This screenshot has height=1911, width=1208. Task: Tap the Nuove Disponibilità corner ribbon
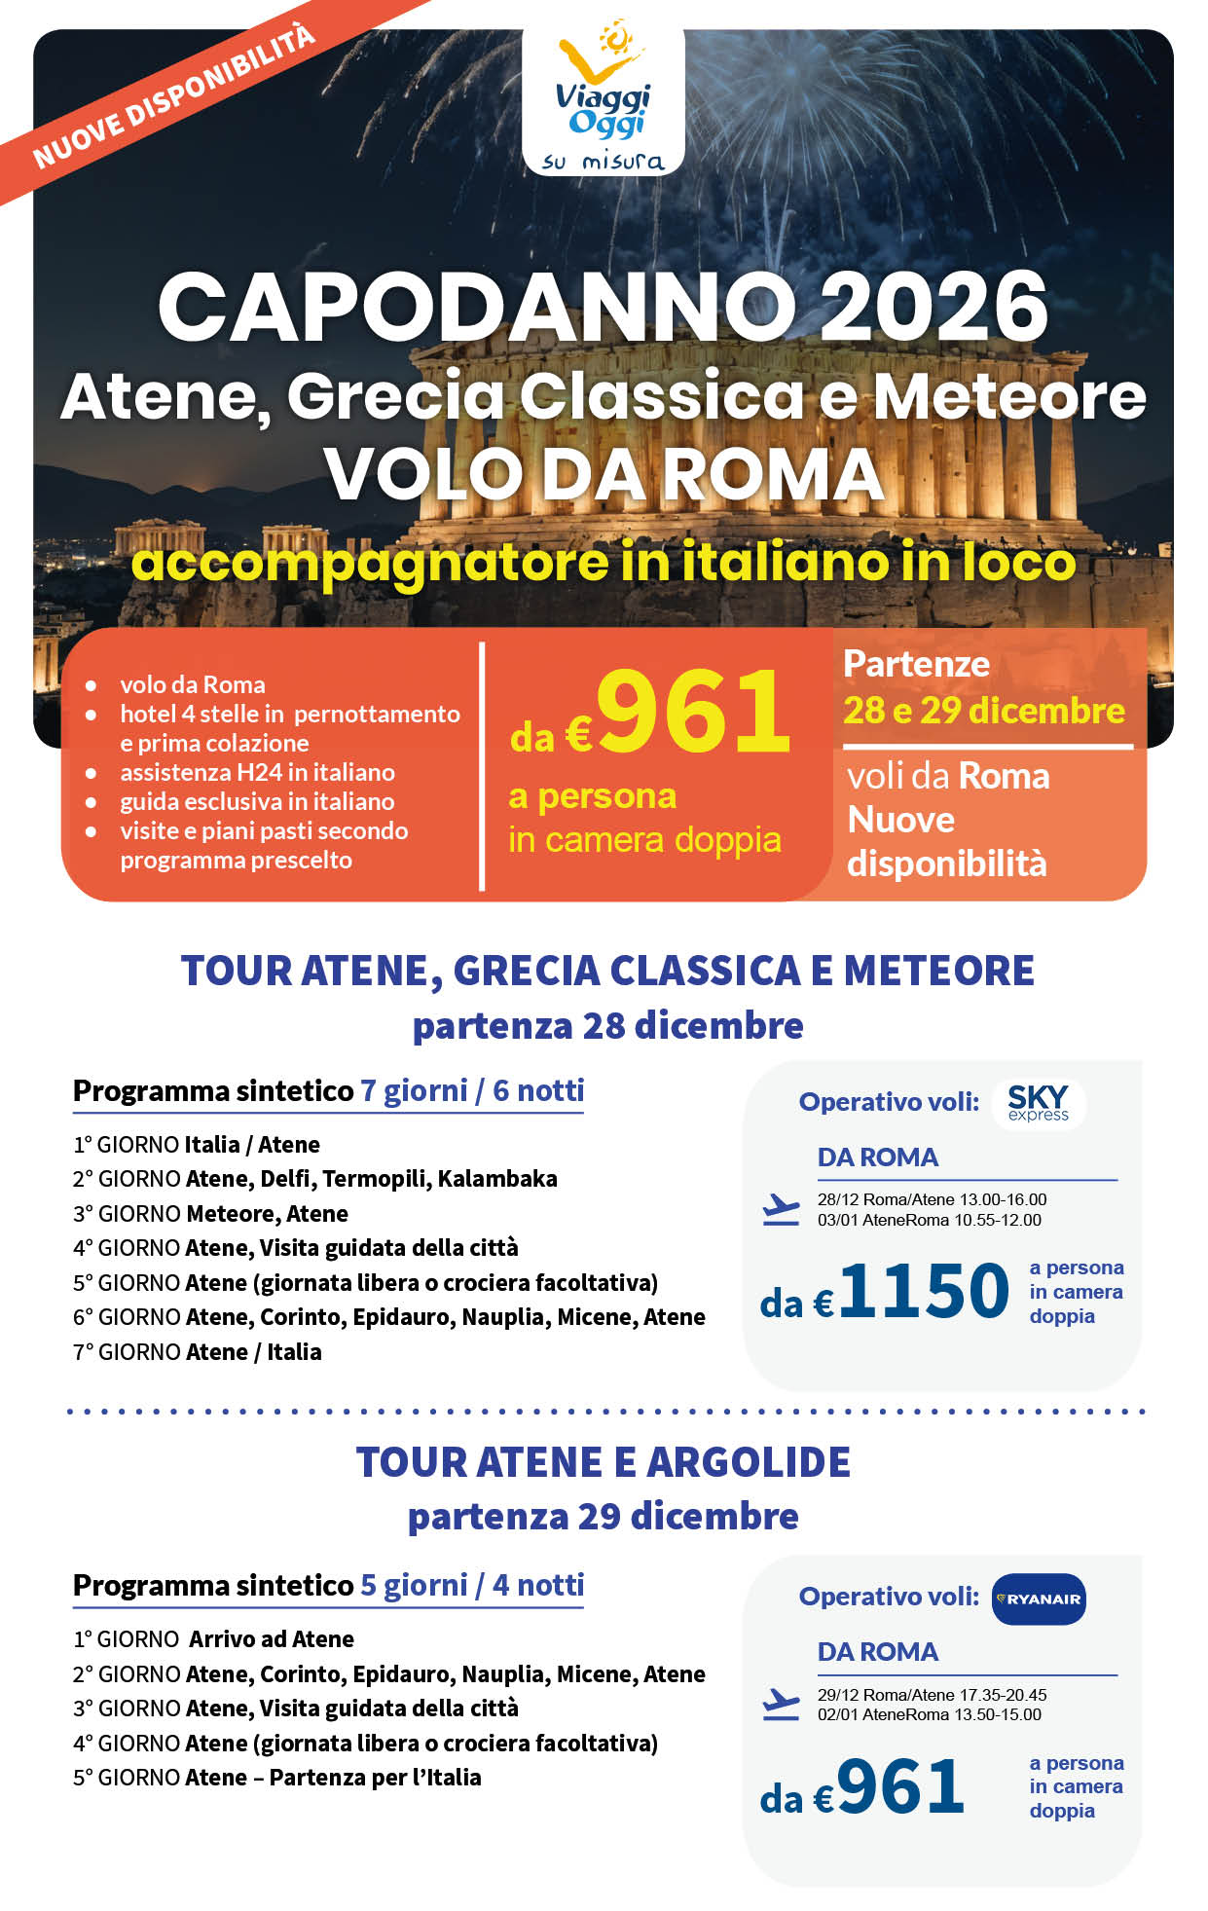tap(175, 97)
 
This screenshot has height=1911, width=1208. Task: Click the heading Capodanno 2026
tap(604, 307)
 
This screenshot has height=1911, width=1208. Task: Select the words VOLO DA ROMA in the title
tap(604, 475)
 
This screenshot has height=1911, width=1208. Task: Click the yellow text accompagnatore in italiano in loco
tap(604, 563)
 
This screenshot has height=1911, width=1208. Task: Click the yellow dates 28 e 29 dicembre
tap(983, 711)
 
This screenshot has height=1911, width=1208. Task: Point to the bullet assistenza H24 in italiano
tap(257, 772)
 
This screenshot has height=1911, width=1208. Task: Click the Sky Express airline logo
tap(1038, 1103)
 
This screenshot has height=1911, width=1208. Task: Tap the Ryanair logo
tap(1038, 1599)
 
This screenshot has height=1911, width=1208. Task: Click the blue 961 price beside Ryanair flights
tap(899, 1787)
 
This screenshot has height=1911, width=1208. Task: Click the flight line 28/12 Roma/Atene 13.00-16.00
tap(932, 1199)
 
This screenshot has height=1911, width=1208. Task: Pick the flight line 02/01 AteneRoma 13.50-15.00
tap(929, 1714)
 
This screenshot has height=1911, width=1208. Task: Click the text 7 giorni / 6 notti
tap(472, 1090)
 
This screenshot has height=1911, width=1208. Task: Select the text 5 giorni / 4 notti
tap(472, 1585)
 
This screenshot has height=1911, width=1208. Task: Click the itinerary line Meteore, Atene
tap(267, 1214)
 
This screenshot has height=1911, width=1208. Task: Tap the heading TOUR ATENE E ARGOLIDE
tap(604, 1462)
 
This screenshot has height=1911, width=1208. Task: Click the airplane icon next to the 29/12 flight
tap(781, 1704)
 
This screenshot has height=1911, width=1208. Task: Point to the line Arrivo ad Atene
tap(271, 1639)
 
